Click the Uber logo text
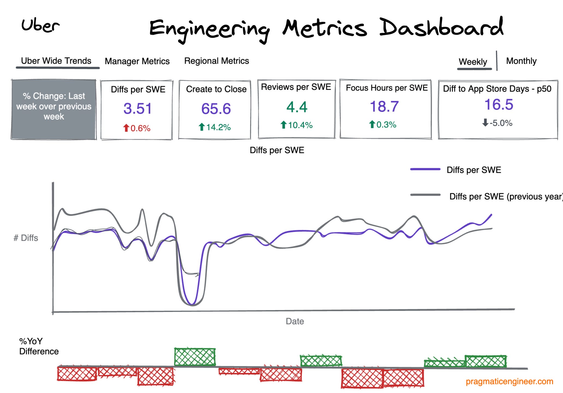pos(40,26)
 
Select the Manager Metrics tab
pos(137,61)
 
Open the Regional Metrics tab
pos(216,61)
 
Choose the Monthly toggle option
pos(521,61)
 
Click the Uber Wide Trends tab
pos(56,61)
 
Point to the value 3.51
pos(137,109)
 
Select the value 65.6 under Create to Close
pos(216,109)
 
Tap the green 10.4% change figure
pos(296,125)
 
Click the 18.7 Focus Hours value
pos(384,106)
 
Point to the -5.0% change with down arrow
pos(497,123)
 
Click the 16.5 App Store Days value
pos(499,105)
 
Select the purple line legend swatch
pos(425,169)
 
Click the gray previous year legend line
pos(425,195)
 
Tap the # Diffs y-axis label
pos(26,238)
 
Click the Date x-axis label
pos(295,321)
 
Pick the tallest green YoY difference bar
pos(195,357)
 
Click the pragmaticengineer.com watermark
pos(509,381)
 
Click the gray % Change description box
pos(54,109)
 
